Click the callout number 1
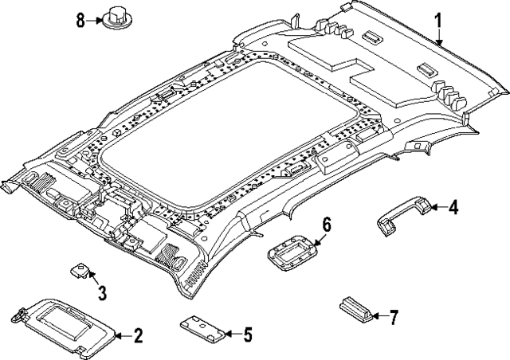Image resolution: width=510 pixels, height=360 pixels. (437, 20)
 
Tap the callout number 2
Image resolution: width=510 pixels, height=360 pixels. (138, 335)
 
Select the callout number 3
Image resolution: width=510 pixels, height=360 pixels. (102, 293)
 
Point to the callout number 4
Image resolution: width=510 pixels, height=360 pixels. (453, 209)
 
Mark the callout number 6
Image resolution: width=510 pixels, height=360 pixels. (326, 225)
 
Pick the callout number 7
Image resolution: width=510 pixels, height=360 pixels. (392, 318)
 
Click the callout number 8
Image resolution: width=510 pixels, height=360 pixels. (80, 20)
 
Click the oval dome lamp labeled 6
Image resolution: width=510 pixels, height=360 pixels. (292, 256)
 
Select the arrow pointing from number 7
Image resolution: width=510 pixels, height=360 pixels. (375, 318)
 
